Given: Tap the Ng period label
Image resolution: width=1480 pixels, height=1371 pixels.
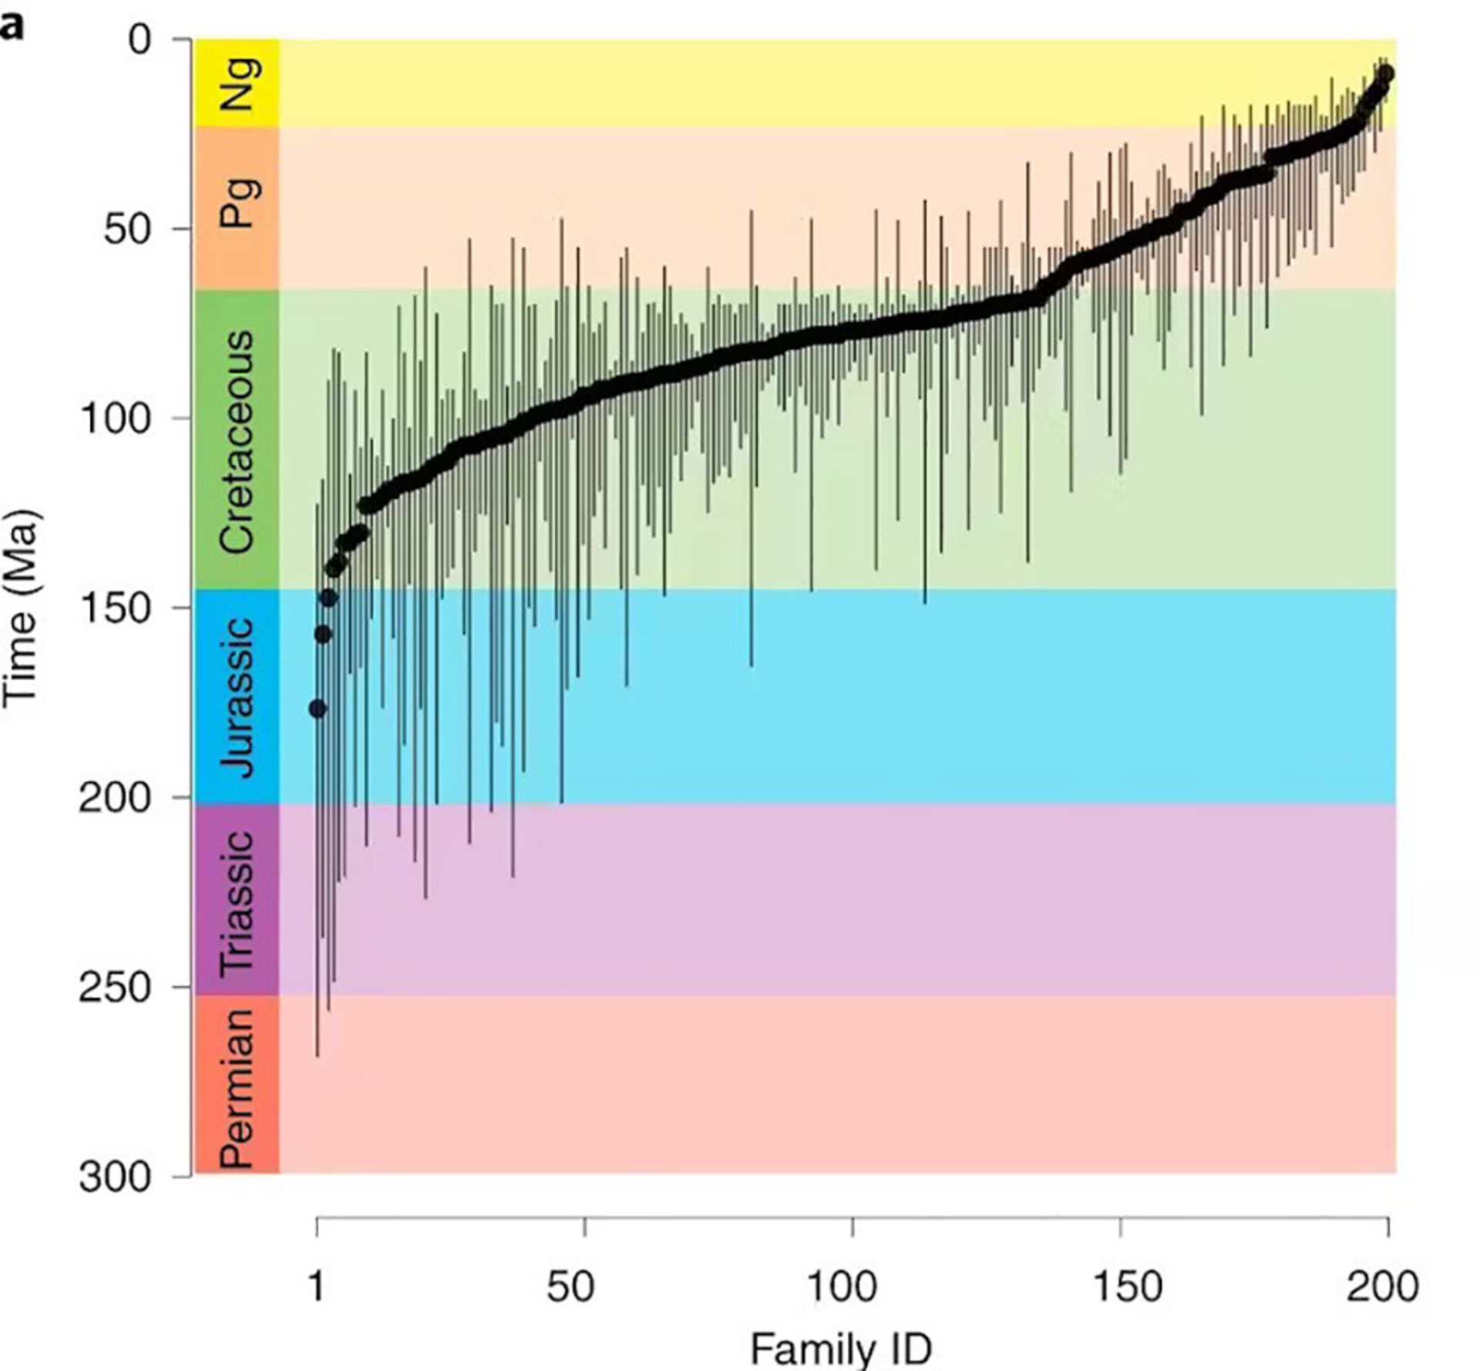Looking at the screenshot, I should click(x=237, y=83).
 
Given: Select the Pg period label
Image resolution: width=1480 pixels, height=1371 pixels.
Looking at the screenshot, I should click(x=237, y=203).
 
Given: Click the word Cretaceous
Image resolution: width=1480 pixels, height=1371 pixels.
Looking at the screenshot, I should click(x=237, y=442).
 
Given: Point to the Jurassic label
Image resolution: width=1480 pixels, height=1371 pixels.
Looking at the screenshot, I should click(x=237, y=697).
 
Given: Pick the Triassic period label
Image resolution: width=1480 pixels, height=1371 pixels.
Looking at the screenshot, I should click(x=237, y=901).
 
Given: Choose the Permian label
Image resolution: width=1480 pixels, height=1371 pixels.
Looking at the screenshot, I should click(x=237, y=1087).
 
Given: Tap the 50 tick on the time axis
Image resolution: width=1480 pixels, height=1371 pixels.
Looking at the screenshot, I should click(x=126, y=229).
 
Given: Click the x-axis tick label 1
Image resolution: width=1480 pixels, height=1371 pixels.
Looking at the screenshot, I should click(x=317, y=1286).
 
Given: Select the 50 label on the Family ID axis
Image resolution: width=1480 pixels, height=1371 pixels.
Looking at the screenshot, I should click(x=570, y=1286).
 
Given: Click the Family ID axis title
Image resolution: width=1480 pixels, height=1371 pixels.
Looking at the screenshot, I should click(x=841, y=1349).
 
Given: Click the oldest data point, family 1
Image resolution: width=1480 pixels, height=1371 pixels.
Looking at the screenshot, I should click(x=318, y=709).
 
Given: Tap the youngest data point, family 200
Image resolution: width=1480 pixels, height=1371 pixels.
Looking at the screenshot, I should click(x=1385, y=73).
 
